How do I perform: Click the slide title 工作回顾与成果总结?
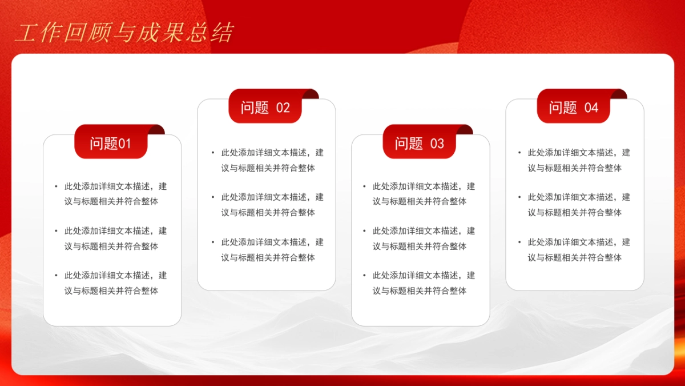[x=124, y=33]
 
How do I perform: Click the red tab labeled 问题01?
[x=111, y=143]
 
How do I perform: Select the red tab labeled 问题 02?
[x=265, y=108]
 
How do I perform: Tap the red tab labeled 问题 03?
[x=419, y=143]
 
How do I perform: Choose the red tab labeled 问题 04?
[x=573, y=108]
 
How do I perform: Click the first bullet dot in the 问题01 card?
[x=57, y=186]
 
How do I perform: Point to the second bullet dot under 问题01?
[x=57, y=231]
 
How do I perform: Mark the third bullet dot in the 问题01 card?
[x=57, y=276]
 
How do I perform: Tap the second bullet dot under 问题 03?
[x=365, y=231]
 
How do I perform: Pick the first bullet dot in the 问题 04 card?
[x=520, y=153]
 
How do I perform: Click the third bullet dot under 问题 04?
[x=520, y=242]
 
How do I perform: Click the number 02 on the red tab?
[x=283, y=108]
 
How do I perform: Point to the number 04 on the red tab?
[x=591, y=108]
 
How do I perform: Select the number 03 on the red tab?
[x=437, y=144]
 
